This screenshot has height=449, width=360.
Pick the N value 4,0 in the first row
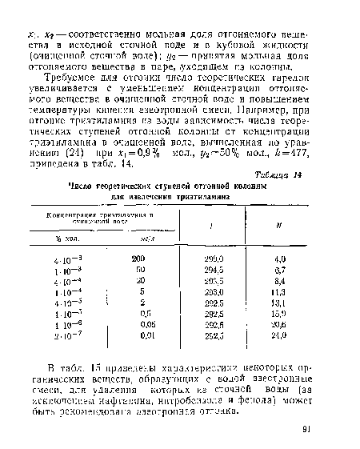click(280, 259)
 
